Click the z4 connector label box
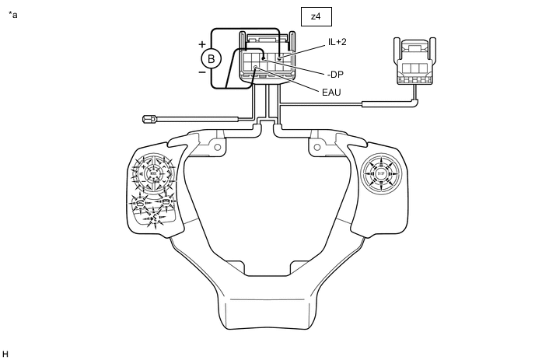[x=316, y=16]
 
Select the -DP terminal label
[x=336, y=75]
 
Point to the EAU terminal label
[x=331, y=92]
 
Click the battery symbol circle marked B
[x=209, y=58]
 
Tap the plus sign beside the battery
[x=202, y=44]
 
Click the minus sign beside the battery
[x=202, y=72]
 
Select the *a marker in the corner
[x=12, y=14]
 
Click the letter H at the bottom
[x=6, y=354]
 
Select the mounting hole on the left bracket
[x=218, y=147]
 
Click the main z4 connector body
[x=268, y=58]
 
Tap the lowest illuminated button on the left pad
[x=152, y=219]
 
